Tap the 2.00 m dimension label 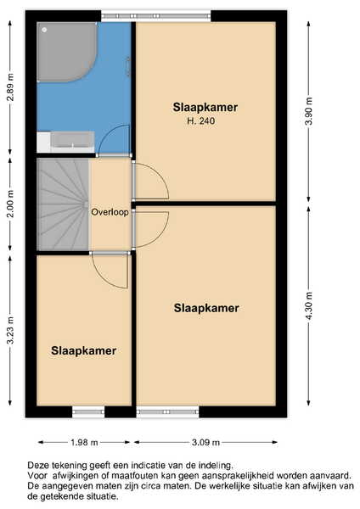[x=11, y=204]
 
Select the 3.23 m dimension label [x=11, y=330]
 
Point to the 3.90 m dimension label [x=309, y=111]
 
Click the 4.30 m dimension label [x=309, y=305]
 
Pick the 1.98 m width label [x=84, y=442]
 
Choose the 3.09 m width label [x=205, y=442]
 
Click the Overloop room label [x=110, y=212]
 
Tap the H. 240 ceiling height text [x=201, y=121]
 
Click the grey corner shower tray [x=65, y=50]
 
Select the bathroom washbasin [x=72, y=142]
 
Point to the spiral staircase [x=63, y=204]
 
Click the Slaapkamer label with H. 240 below [x=205, y=107]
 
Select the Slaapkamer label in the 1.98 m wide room [x=84, y=351]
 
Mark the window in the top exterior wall [x=156, y=15]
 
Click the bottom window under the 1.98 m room [x=88, y=412]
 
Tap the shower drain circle [x=44, y=30]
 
